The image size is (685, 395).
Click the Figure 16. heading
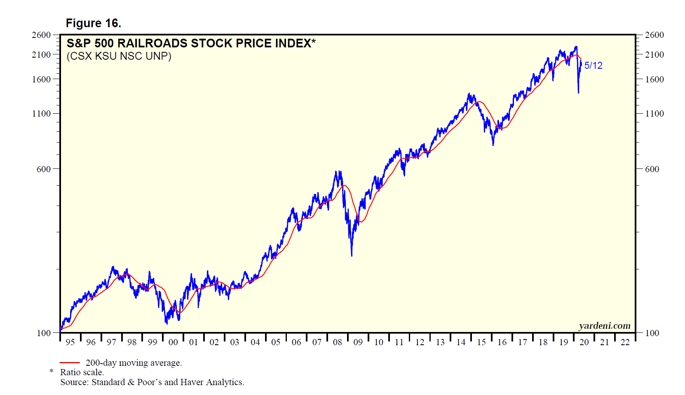coord(93,23)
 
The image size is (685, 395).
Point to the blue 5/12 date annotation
coord(593,65)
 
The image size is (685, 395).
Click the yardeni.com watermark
coord(604,326)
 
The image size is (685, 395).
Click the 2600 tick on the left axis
coord(41,35)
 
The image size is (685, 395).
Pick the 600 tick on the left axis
coord(44,169)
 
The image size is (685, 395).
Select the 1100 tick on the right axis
coord(655,113)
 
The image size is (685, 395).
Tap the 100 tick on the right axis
coord(652,333)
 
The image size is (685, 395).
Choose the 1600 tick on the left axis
coord(41,79)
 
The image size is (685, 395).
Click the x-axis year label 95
coord(70,342)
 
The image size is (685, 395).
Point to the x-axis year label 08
coord(337,342)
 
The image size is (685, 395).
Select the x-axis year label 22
coord(625,342)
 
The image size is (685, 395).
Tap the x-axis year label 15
coord(481,342)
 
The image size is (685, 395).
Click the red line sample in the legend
coord(69,363)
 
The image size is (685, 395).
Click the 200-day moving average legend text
coord(134,363)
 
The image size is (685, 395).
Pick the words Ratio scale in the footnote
coord(82,372)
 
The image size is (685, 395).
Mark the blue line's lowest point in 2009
coord(352,256)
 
